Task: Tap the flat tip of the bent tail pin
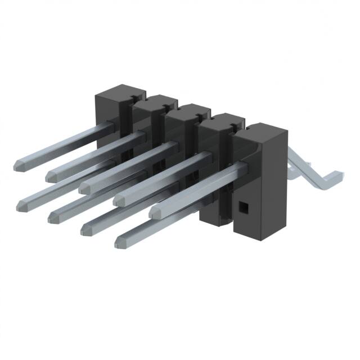coord(336,174)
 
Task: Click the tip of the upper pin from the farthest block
coord(19,164)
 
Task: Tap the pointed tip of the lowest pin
coord(121,242)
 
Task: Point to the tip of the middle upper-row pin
coord(85,187)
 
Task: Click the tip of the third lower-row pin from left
coord(87,229)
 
